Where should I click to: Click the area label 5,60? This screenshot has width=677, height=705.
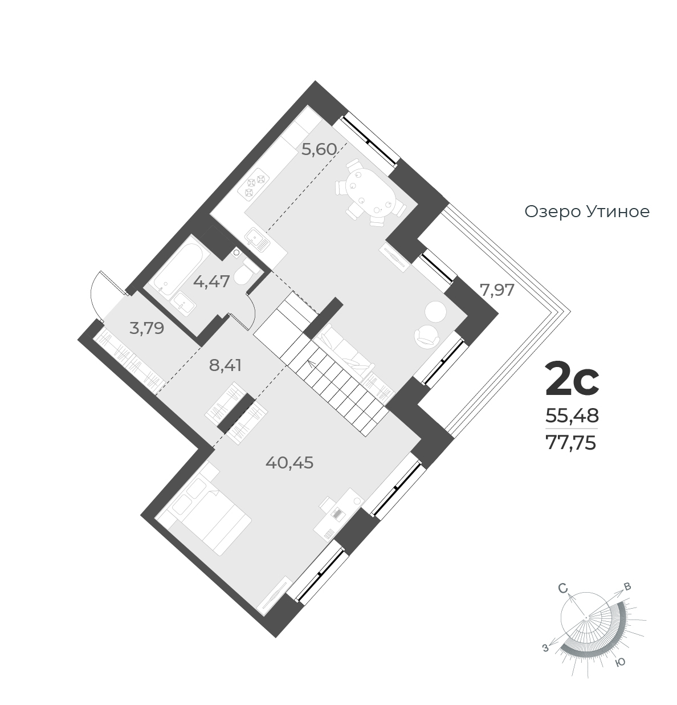[319, 149]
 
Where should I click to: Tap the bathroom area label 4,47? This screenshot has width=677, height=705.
[211, 281]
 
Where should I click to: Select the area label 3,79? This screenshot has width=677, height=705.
[146, 328]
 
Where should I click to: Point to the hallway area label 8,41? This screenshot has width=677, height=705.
[225, 365]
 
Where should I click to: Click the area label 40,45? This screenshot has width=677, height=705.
[289, 463]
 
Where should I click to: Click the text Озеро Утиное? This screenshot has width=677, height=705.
[587, 212]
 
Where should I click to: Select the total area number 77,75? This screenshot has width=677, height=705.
[571, 443]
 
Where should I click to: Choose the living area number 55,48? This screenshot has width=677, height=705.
[572, 415]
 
